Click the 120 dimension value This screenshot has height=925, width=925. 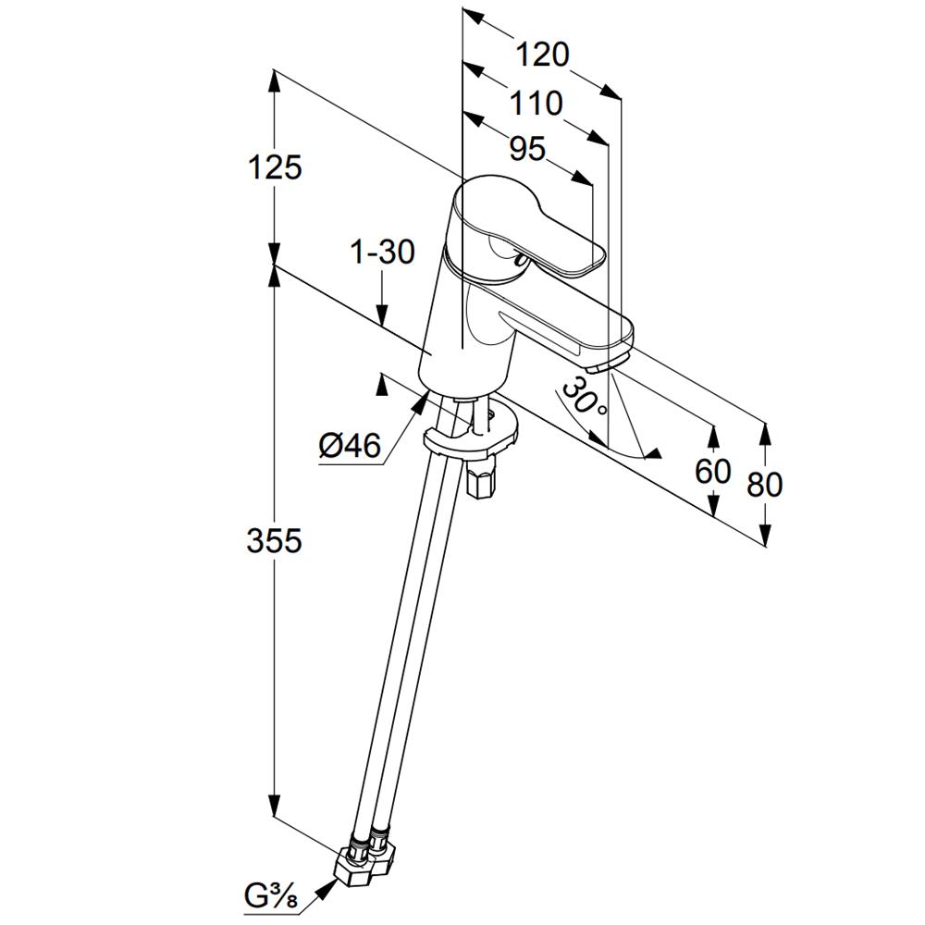pos(543,55)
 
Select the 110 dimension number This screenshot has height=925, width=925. pos(536,104)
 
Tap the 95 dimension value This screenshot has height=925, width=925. pos(527,149)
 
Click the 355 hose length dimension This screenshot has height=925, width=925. pos(275,540)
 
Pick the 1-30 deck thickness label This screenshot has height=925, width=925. pos(383,253)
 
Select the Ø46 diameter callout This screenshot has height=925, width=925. pos(350,446)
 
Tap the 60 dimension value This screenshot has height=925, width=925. pos(712,471)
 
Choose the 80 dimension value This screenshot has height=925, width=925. pos(765,485)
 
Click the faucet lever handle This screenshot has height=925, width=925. pos(531,228)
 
